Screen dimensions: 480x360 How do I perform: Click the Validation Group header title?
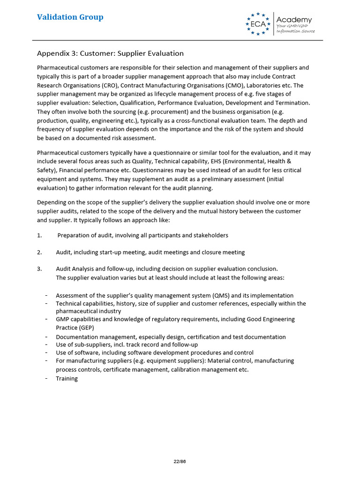tap(70, 17)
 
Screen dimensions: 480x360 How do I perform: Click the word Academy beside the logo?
tap(294, 20)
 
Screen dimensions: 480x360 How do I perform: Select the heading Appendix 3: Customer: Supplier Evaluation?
tap(110, 53)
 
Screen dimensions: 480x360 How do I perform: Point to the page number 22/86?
tap(180, 461)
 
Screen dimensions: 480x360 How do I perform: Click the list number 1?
tap(39, 235)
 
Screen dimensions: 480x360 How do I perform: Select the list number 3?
tap(39, 269)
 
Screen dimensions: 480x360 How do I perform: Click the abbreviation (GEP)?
tap(84, 327)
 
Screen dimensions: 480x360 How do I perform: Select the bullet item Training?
tap(67, 378)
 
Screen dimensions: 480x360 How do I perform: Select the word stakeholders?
tap(210, 235)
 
